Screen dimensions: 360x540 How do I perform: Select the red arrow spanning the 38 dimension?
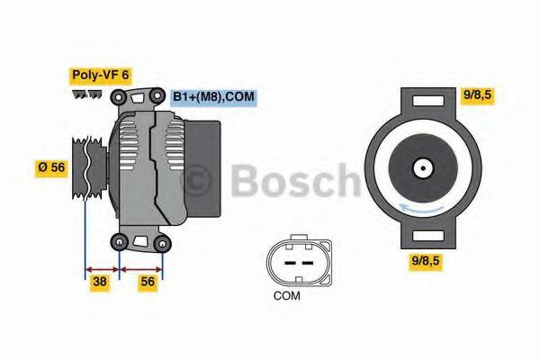tap(102, 267)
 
